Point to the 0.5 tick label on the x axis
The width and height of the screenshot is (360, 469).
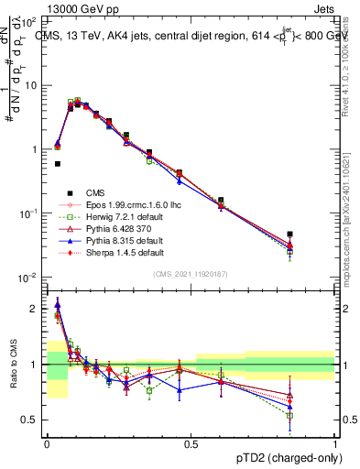click(191, 442)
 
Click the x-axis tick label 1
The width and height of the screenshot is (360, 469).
click(336, 442)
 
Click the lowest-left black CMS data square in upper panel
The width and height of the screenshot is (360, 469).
click(58, 164)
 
